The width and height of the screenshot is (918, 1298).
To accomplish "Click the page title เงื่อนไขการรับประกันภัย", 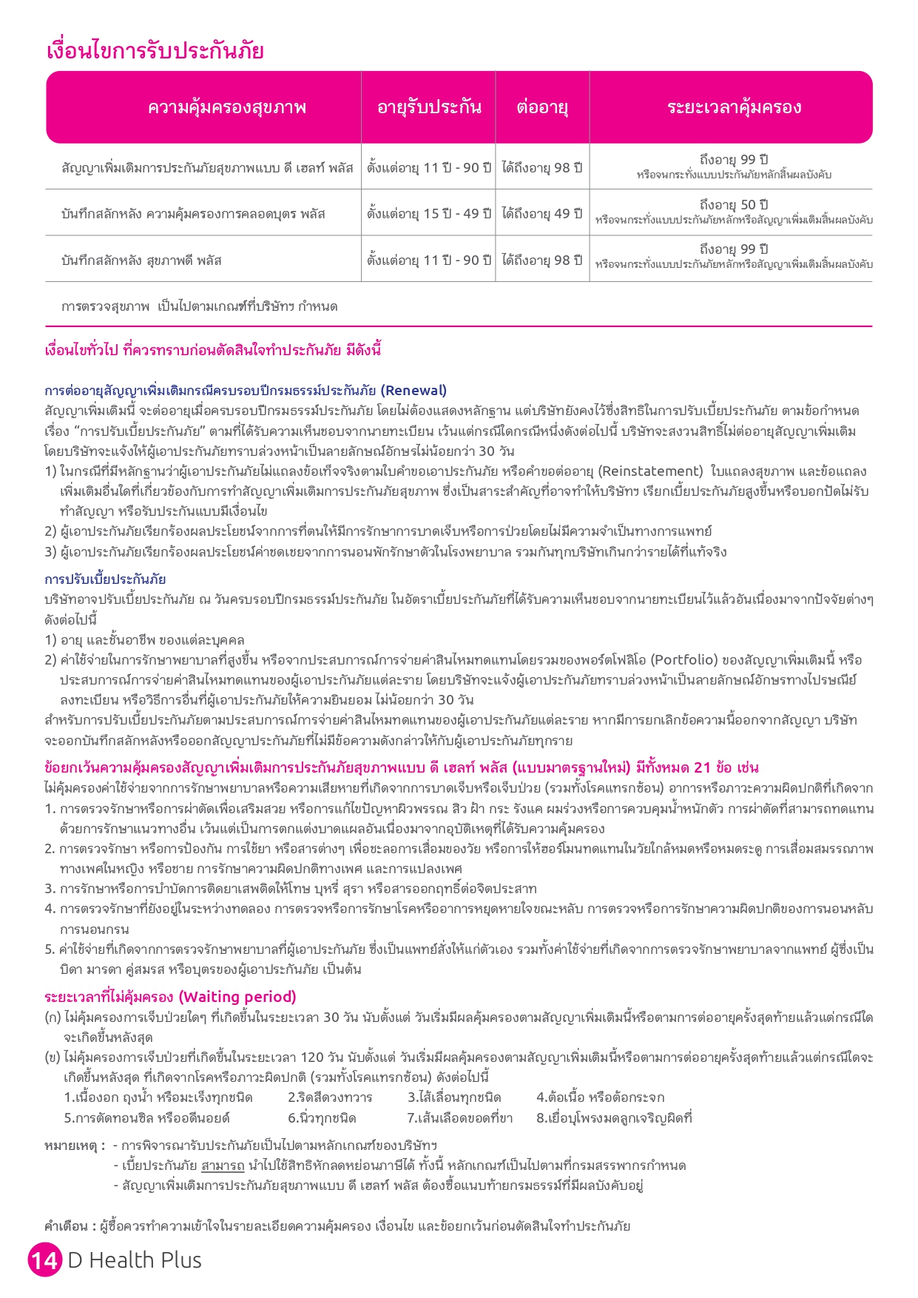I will pos(155,51).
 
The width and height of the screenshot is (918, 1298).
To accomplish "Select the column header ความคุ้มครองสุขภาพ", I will pos(226,107).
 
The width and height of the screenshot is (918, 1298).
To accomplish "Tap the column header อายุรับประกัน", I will pos(429,107).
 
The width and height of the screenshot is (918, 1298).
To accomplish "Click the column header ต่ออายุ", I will pos(542,107).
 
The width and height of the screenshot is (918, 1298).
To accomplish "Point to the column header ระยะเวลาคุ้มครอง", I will pos(734,107).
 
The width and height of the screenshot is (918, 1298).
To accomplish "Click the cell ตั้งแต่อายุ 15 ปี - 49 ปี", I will pos(429,213).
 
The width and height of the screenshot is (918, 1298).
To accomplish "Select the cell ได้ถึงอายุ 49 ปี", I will pos(542,213).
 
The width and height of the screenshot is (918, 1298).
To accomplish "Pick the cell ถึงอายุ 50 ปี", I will pos(734,205).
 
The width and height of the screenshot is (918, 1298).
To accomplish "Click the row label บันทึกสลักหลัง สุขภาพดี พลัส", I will pos(141,260).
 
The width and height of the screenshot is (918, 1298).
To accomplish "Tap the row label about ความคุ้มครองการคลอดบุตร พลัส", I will pos(193,214).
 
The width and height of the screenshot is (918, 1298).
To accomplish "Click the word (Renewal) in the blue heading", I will pos(414,390).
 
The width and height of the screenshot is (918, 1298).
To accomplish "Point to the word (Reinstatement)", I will pos(650,471).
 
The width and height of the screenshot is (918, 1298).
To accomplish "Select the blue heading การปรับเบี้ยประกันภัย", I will pos(105,579).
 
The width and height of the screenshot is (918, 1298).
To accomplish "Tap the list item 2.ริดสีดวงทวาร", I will pos(330,1097).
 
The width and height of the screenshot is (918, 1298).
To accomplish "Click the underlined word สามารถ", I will pos(223,1166).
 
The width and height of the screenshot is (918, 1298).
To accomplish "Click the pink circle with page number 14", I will pos(44,1260).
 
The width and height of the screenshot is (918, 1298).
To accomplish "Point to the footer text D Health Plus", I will pos(135,1260).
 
